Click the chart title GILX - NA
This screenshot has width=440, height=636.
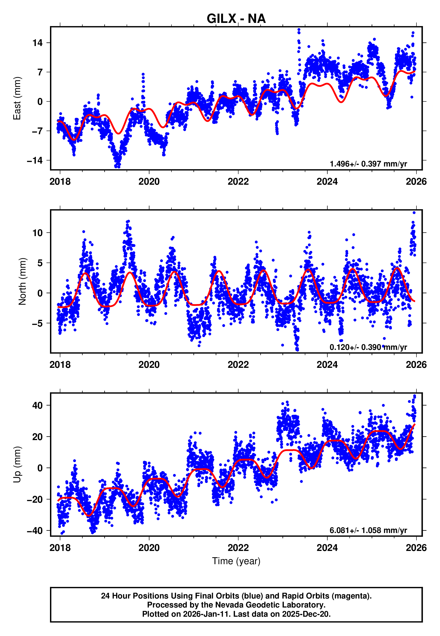[236, 19]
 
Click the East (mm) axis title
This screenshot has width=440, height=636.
[17, 98]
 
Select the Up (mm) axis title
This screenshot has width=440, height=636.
[17, 465]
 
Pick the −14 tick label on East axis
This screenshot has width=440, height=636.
[35, 160]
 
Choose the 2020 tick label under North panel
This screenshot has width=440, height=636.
[149, 365]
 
